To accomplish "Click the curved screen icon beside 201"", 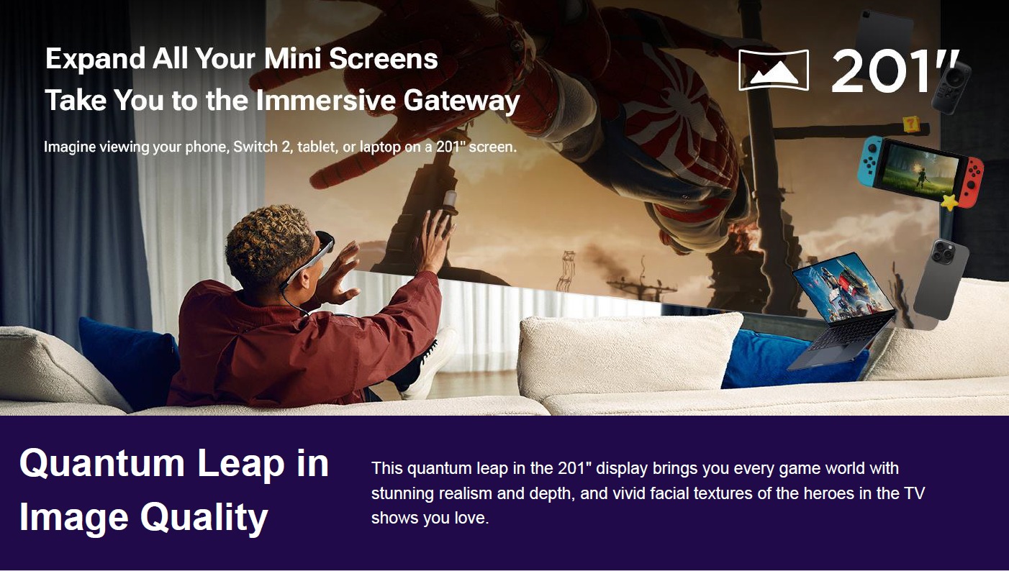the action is point(774,70).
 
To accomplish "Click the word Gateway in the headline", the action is point(461,100).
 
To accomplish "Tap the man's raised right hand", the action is point(435,241).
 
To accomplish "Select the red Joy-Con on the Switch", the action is point(970,182).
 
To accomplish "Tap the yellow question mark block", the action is point(911,124).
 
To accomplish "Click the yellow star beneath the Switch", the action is point(949,202).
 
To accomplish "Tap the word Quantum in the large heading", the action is point(102,464).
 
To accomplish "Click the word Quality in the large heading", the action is point(204,518).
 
